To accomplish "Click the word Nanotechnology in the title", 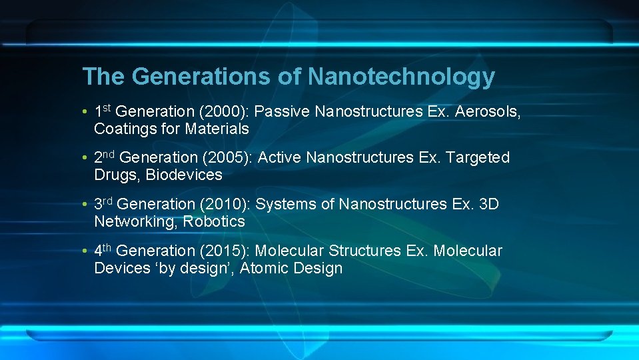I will pyautogui.click(x=401, y=77).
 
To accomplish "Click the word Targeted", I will pyautogui.click(x=477, y=158).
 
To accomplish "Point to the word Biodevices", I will pyautogui.click(x=184, y=175).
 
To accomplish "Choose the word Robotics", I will pyautogui.click(x=214, y=221).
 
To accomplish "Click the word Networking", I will pyautogui.click(x=134, y=221).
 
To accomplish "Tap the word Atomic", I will pyautogui.click(x=265, y=268).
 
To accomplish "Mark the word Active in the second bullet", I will pyautogui.click(x=279, y=158).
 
